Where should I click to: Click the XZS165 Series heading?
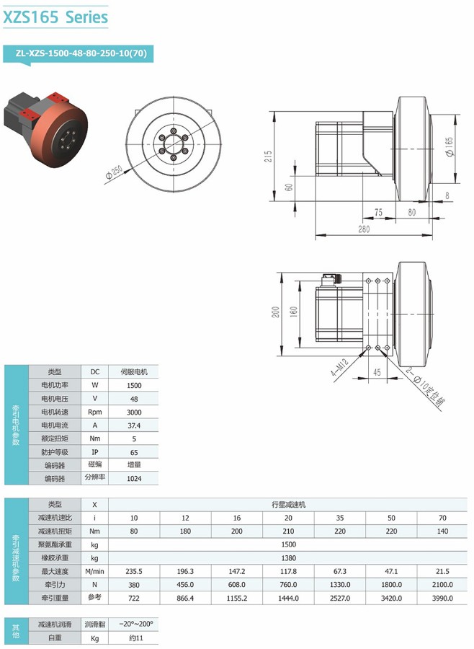(56, 17)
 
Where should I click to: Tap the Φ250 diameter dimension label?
(114, 172)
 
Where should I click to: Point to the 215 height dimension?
(269, 156)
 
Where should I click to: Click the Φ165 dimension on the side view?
(450, 146)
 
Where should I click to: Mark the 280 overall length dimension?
(364, 229)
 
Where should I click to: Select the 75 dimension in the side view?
(378, 212)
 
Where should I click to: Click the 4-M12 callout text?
(340, 367)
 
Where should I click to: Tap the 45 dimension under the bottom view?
(377, 372)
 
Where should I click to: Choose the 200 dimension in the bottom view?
(276, 312)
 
